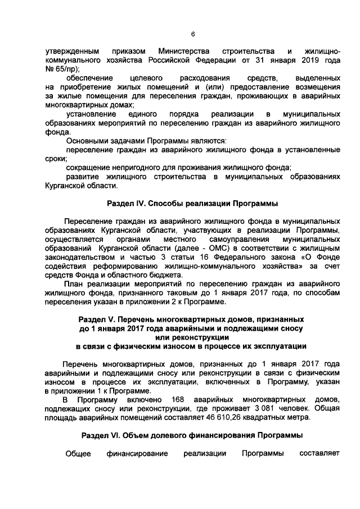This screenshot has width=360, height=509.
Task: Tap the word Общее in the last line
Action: coord(78,453)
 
